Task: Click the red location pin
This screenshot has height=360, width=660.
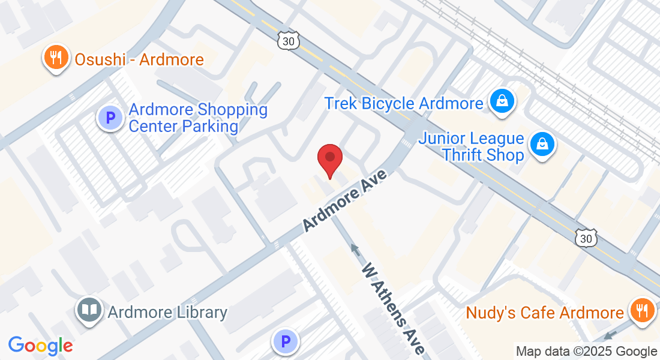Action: point(329,159)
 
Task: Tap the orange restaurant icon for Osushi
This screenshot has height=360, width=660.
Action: point(56,59)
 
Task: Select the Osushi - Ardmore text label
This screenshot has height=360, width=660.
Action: point(139,60)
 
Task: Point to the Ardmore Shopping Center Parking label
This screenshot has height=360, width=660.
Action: point(198,118)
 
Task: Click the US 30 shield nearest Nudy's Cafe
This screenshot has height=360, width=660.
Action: point(586,238)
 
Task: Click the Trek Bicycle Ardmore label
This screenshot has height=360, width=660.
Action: point(404,103)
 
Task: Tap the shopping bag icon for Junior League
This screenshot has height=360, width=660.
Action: point(542,145)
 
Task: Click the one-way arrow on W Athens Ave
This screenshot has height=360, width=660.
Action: point(355,248)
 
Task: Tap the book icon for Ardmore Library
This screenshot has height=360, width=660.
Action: point(90,311)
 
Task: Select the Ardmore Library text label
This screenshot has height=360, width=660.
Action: point(167,312)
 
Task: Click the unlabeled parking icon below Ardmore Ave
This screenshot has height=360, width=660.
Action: point(286,342)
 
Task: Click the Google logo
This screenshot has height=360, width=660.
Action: point(40,346)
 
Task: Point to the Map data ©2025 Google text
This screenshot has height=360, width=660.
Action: point(586,351)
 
